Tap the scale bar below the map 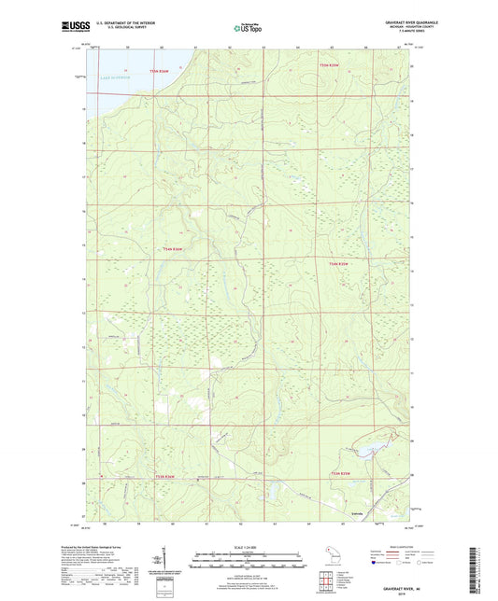[248, 563]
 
